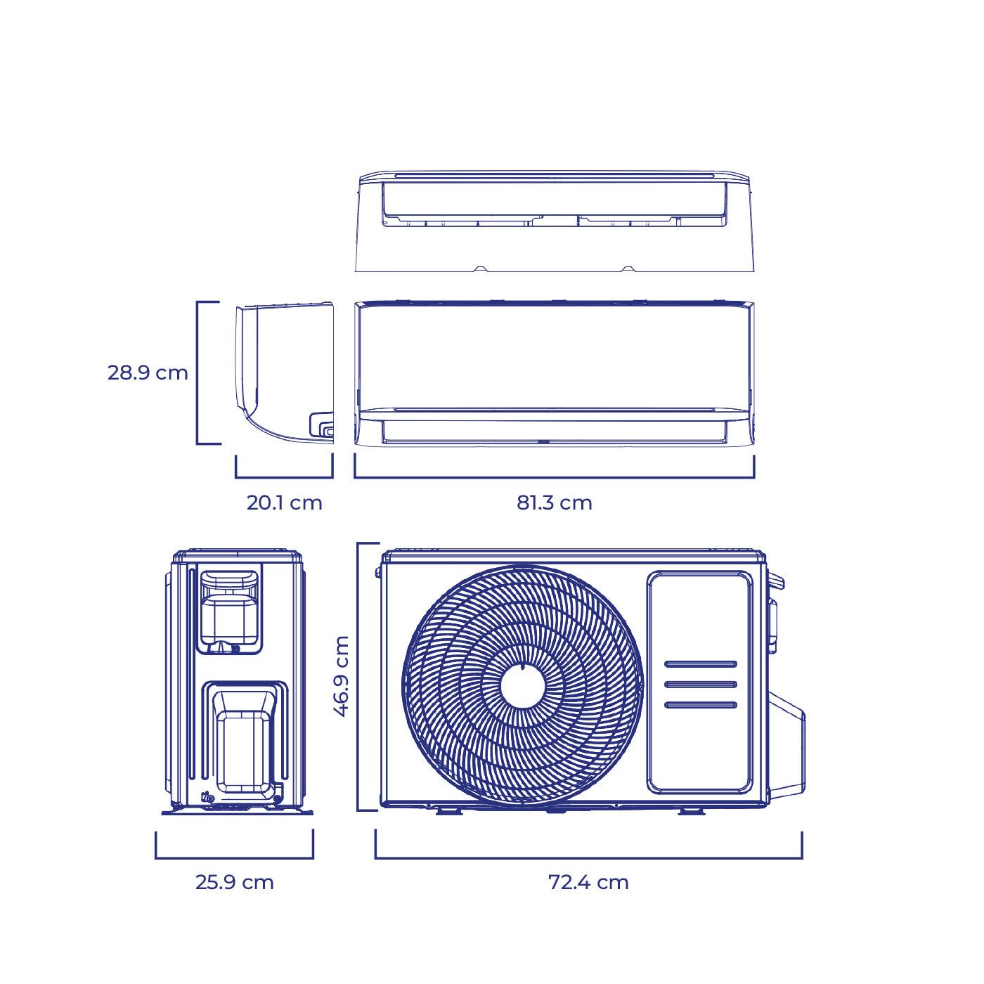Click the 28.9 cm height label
tap(148, 373)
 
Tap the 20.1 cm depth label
tap(285, 503)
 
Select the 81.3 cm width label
tap(554, 503)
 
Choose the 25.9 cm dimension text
tap(234, 882)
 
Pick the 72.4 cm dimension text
tap(588, 882)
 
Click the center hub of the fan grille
tap(522, 687)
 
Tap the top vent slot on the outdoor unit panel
tap(701, 664)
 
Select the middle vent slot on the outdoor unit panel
tap(701, 685)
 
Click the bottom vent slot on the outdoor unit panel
tap(701, 705)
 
